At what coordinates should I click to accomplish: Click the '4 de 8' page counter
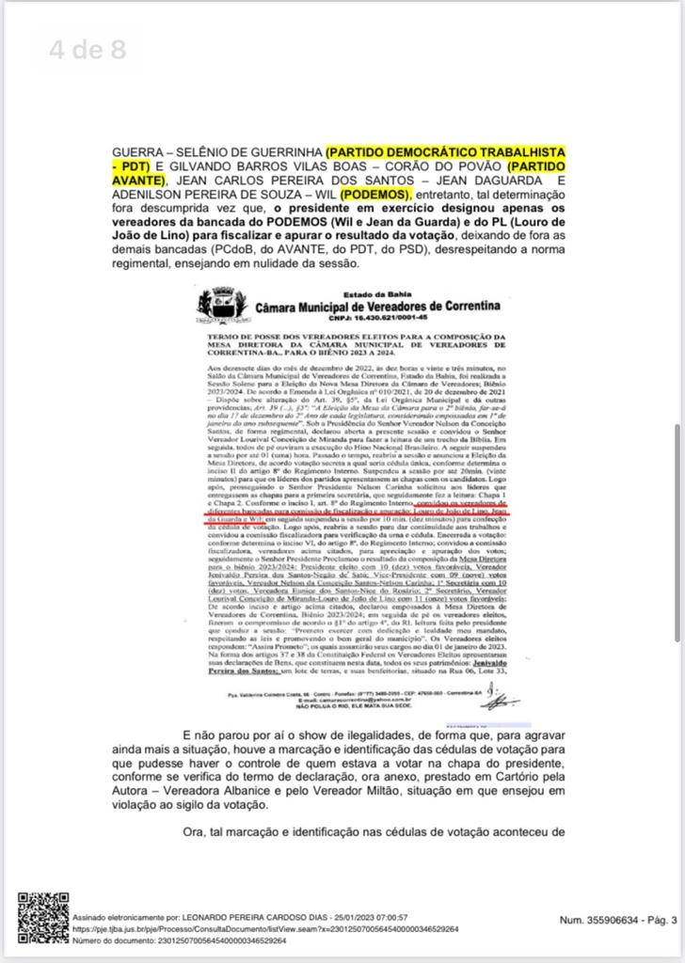pos(88,49)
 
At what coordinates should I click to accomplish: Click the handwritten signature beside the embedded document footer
pos(502,699)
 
